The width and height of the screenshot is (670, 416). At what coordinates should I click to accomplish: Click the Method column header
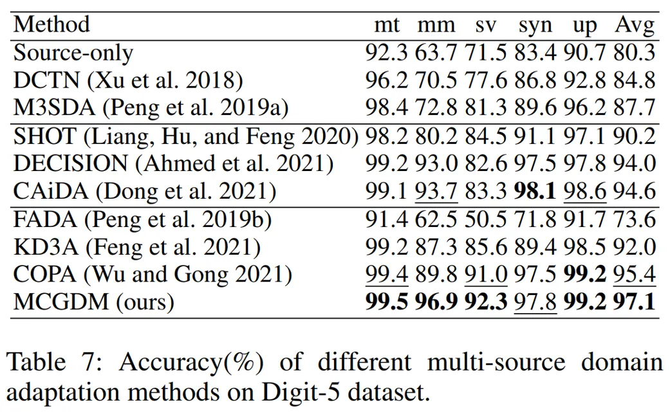(51, 25)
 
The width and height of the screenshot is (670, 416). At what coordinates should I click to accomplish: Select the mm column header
(436, 26)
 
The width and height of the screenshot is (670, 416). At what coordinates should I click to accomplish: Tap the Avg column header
(634, 26)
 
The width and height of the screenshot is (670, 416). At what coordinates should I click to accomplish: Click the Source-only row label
(73, 52)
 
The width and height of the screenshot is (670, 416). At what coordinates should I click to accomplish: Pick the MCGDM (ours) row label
(93, 302)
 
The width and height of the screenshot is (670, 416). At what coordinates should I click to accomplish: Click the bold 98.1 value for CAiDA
(536, 191)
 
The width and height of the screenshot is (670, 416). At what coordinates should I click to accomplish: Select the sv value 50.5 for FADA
(486, 219)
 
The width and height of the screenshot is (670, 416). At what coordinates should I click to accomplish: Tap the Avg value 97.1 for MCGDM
(634, 302)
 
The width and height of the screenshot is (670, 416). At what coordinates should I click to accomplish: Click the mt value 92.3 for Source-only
(386, 52)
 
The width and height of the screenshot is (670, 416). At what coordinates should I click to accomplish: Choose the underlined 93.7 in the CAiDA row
(436, 191)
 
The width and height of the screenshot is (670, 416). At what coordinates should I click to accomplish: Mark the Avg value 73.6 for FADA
(634, 219)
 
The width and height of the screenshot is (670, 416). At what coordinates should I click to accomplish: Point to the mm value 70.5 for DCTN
(436, 80)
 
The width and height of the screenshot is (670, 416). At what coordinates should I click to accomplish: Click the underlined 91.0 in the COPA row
(486, 275)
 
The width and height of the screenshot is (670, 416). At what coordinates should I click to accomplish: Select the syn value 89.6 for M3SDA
(536, 107)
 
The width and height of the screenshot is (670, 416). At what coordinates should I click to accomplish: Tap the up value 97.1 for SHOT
(585, 136)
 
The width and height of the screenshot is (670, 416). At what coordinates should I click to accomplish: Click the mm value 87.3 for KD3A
(436, 247)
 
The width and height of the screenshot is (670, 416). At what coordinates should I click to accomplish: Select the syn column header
(536, 26)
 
